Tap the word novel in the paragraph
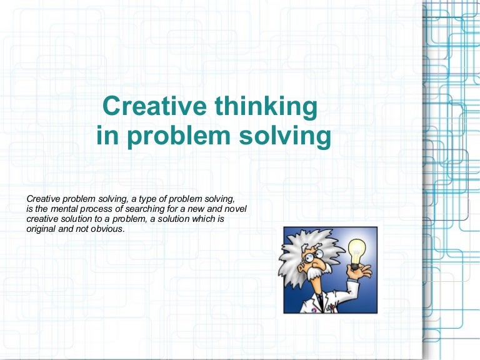pyautogui.click(x=237, y=208)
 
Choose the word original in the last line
pyautogui.click(x=41, y=229)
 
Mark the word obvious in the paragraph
pyautogui.click(x=107, y=229)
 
